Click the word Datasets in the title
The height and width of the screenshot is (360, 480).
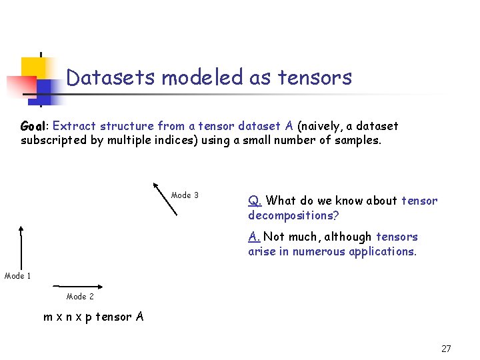[111, 78]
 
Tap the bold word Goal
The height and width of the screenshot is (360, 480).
[33, 126]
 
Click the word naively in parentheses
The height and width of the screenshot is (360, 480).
[325, 126]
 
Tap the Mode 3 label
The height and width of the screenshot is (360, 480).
[185, 195]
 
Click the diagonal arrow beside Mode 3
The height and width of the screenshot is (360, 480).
[165, 198]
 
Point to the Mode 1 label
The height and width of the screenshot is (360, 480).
[18, 276]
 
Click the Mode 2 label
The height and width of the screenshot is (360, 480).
[80, 297]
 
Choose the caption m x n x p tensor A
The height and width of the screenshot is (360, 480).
[93, 317]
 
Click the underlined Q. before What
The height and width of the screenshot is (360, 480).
[255, 201]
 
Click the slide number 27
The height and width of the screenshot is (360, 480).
[446, 349]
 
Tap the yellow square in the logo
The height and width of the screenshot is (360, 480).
[33, 67]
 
